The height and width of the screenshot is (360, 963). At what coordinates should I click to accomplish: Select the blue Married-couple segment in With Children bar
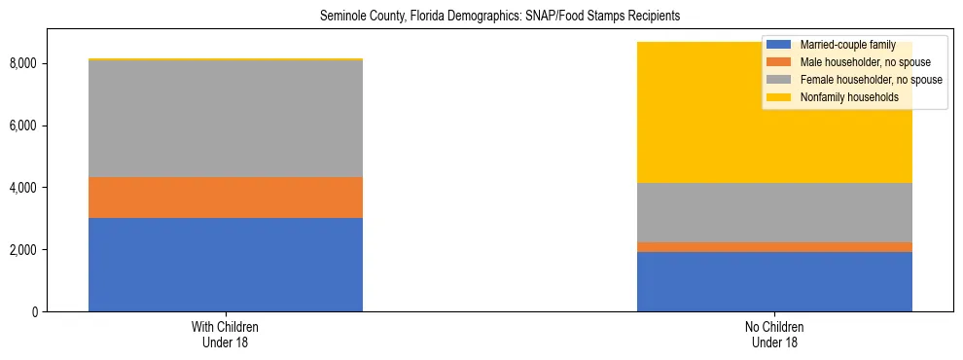(x=226, y=265)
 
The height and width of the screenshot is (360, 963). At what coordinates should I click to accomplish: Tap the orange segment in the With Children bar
(x=226, y=198)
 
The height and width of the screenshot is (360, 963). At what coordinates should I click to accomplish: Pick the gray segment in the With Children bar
(x=226, y=119)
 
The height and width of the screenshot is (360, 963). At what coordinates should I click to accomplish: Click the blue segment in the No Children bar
(x=774, y=282)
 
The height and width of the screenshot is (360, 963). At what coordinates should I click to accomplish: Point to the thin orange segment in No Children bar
(x=774, y=247)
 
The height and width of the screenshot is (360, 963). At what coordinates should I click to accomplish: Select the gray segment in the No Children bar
(x=774, y=212)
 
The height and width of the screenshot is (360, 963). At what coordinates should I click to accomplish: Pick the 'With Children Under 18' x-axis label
(x=226, y=335)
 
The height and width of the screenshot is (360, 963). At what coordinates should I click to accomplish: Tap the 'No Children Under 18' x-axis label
(x=774, y=335)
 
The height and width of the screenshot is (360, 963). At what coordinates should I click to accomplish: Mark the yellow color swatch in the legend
(x=779, y=97)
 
